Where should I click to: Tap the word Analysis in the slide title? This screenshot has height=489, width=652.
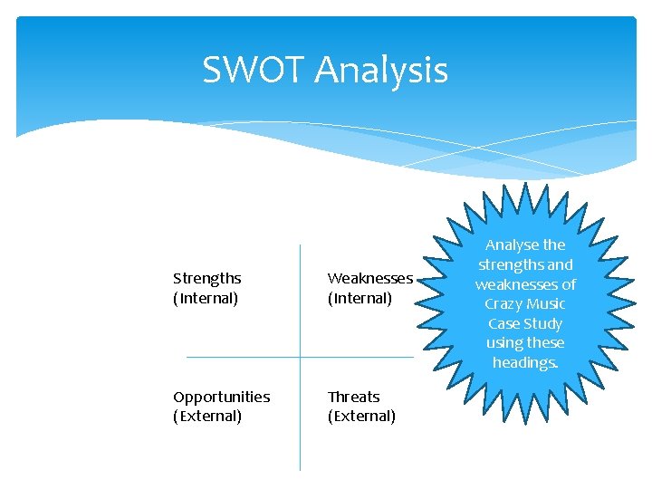pos(381,71)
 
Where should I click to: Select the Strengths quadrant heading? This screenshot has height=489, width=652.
pos(207,278)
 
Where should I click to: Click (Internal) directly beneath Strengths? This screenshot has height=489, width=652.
pos(206,298)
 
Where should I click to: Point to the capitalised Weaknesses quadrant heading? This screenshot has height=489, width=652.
pos(369,278)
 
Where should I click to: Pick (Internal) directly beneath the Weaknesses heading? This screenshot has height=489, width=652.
pos(360,298)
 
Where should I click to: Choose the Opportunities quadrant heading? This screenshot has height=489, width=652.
pos(221,397)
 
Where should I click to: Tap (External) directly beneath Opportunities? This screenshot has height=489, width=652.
pos(207,417)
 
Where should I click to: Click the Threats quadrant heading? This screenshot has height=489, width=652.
pos(353,397)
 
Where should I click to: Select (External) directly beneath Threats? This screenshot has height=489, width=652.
pos(361,417)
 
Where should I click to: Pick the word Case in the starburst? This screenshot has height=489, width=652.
pos(503,323)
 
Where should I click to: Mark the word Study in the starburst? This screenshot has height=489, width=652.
pos(542,323)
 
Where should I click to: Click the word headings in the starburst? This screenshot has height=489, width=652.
pos(525,362)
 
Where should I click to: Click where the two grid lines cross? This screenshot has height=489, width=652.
pos(300,357)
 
